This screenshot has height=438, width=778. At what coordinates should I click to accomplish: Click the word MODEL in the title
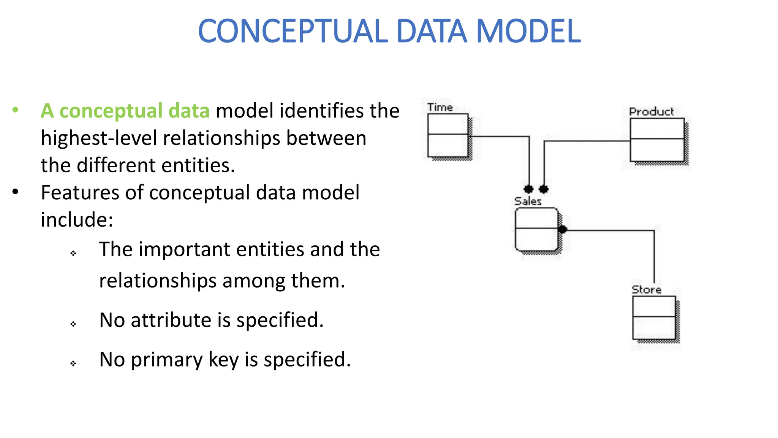point(528,31)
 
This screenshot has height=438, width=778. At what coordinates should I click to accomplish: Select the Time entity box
point(448,135)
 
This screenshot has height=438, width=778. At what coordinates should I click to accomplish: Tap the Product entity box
point(657,140)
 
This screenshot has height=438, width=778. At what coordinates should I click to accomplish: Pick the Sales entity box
point(536,229)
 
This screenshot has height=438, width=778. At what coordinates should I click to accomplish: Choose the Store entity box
point(654,317)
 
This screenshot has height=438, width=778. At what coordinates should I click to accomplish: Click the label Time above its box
point(440,108)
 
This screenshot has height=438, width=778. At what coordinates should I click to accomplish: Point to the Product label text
point(651,112)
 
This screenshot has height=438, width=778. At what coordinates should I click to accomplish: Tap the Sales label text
point(528,201)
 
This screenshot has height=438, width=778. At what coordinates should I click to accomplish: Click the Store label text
point(647,290)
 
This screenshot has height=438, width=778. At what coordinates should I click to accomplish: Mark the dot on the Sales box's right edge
point(563,229)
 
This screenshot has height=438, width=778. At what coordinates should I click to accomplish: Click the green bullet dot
point(15,110)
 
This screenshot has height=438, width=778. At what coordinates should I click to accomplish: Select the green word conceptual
point(111,111)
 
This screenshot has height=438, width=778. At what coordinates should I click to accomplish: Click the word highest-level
point(99,138)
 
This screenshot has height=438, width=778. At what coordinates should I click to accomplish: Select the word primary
point(167,360)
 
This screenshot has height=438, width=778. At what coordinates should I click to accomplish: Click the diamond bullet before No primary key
point(73,363)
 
